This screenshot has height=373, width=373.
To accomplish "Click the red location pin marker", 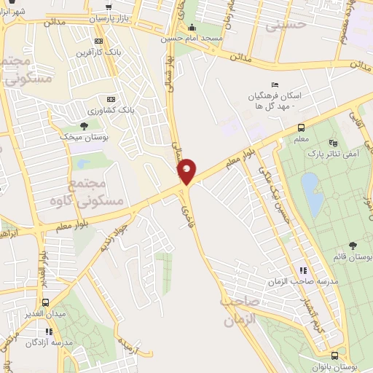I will point(186,170).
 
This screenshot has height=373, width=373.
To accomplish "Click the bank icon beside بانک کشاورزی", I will point(111,99).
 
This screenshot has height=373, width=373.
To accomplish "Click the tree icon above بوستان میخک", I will point(85,127).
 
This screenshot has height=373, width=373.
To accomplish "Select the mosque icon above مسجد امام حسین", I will point(192,28).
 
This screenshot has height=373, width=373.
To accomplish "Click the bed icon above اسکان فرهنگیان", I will point(274,85).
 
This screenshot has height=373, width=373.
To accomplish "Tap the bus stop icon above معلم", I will point(301,127).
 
